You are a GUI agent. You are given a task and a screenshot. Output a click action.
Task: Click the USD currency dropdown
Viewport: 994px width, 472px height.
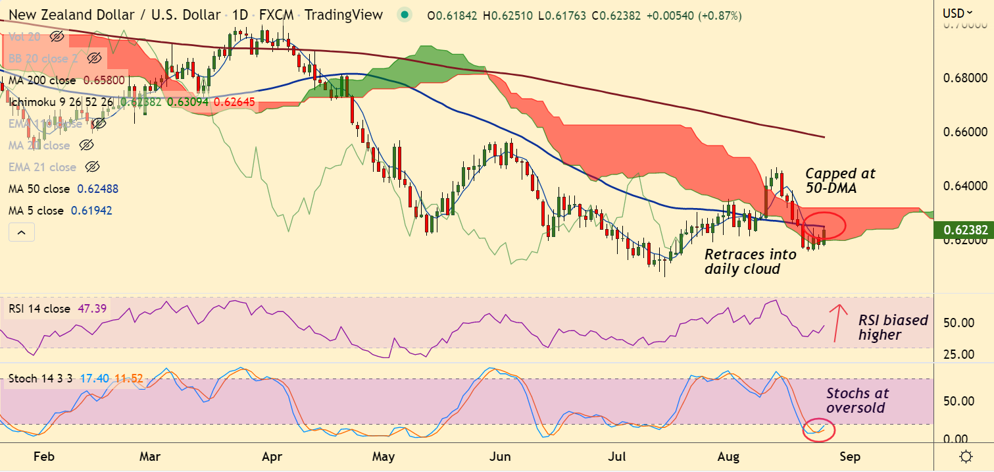click(x=957, y=13)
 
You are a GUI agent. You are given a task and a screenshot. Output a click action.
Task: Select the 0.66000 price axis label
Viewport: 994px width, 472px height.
click(x=964, y=132)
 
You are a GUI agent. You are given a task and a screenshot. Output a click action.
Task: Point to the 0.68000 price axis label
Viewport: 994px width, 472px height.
click(x=964, y=78)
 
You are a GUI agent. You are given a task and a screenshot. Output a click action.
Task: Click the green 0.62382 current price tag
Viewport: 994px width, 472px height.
click(x=964, y=230)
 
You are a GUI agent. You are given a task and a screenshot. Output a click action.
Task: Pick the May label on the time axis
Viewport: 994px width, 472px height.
click(x=383, y=456)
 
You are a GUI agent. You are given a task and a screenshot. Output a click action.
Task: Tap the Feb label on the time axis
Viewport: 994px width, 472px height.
click(x=43, y=456)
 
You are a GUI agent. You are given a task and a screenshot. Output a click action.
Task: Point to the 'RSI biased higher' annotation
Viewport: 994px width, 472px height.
click(x=893, y=327)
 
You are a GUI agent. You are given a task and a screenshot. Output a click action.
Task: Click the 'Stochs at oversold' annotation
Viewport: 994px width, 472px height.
click(x=857, y=400)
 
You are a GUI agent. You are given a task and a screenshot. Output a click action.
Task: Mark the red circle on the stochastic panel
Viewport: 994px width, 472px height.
click(x=819, y=430)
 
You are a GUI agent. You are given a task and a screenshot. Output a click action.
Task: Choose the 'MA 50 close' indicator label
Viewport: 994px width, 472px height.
click(x=39, y=189)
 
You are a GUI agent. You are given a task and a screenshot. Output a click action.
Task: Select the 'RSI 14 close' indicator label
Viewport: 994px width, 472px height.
click(x=39, y=309)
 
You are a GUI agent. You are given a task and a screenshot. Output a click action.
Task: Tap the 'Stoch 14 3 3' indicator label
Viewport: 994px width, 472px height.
click(x=41, y=379)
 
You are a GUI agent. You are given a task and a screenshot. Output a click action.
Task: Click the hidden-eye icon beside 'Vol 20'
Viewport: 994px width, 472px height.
click(x=57, y=37)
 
